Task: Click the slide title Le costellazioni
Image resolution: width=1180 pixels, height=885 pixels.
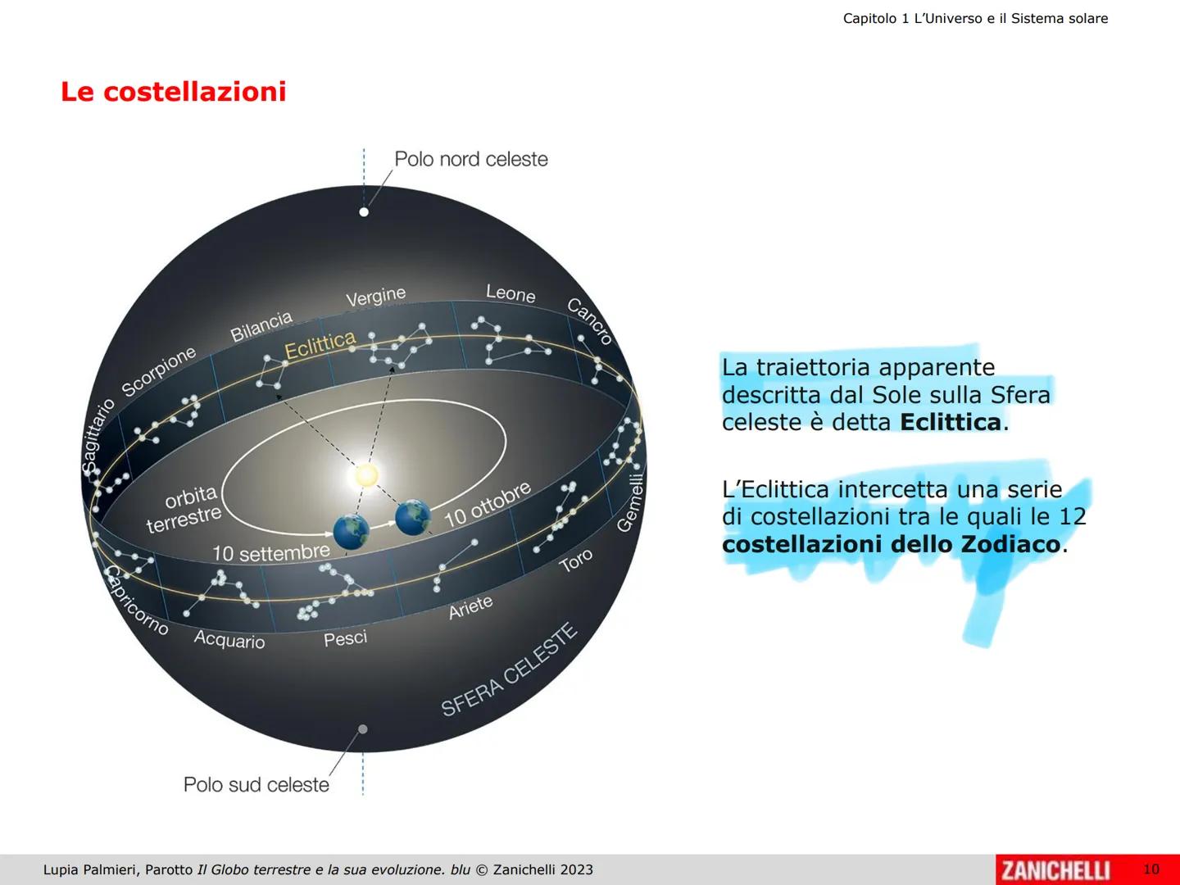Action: (x=173, y=92)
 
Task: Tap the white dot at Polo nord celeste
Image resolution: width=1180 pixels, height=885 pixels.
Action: (x=364, y=212)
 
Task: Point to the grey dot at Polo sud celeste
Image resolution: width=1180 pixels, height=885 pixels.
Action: (x=363, y=728)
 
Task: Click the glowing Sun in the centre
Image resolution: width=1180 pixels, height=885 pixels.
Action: (x=366, y=474)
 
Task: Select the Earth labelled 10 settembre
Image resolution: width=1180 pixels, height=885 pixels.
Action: (x=352, y=531)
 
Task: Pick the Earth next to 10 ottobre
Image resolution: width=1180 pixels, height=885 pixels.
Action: (x=413, y=517)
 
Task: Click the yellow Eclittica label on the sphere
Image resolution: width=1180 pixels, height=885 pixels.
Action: (x=320, y=345)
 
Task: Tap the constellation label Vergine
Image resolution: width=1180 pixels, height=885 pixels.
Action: (x=375, y=297)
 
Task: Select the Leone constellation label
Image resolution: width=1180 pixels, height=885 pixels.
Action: (x=511, y=293)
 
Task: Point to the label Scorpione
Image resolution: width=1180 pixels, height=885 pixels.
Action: (x=159, y=370)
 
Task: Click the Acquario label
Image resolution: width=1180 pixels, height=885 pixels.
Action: (x=229, y=639)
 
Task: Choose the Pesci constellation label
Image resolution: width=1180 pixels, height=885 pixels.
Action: (x=345, y=638)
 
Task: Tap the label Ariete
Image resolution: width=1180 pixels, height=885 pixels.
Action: (x=470, y=607)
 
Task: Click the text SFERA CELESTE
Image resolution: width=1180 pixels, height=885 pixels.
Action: (x=509, y=669)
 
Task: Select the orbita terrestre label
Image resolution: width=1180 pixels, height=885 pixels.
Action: (x=185, y=507)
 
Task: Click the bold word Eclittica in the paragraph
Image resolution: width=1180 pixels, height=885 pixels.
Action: (x=951, y=422)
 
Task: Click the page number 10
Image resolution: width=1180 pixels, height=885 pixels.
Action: (x=1151, y=869)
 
